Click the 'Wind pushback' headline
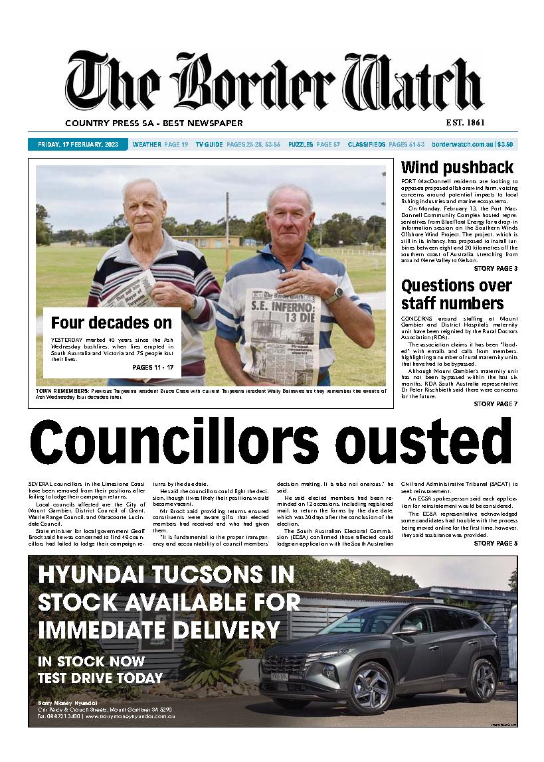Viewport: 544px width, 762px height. [457, 167]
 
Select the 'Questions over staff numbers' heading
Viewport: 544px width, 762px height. [456, 295]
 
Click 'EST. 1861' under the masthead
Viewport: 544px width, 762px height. [466, 123]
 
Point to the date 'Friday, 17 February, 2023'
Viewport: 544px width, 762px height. [78, 144]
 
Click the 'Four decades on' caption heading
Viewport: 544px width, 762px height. [112, 323]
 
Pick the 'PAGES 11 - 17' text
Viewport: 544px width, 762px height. [153, 367]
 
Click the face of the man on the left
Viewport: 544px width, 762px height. [143, 204]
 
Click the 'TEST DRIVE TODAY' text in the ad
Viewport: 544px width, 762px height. [100, 678]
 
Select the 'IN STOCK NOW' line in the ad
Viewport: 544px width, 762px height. [91, 661]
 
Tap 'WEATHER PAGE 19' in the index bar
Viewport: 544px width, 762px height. [160, 144]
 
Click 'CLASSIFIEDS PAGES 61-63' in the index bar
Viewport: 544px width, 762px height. [386, 144]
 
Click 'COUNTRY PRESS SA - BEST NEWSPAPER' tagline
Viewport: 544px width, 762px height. [154, 123]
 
